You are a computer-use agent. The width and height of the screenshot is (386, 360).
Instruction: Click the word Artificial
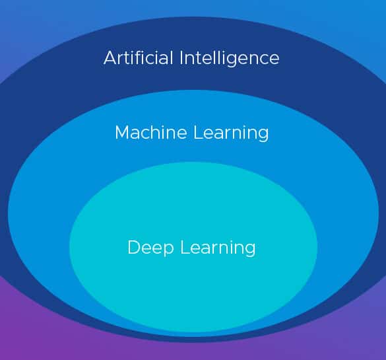(x=138, y=57)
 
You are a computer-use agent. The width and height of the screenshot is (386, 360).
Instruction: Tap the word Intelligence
(x=230, y=59)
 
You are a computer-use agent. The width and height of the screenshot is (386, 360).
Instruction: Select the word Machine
(x=151, y=132)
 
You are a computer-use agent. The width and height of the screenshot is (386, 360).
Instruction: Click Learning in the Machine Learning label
(x=231, y=133)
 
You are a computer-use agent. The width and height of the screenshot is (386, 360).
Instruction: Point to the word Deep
(x=150, y=248)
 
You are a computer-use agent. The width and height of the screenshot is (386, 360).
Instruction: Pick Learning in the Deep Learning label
(x=218, y=248)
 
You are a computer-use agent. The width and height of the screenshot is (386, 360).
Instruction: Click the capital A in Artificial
(x=110, y=57)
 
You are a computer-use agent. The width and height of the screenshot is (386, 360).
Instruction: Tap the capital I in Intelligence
(x=181, y=57)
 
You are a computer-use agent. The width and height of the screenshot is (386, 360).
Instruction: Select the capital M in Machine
(x=122, y=132)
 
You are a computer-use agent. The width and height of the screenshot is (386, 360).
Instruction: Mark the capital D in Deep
(x=134, y=247)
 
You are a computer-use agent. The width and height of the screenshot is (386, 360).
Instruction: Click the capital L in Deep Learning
(x=185, y=247)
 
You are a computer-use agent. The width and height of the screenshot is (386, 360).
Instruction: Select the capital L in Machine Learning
(x=198, y=132)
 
